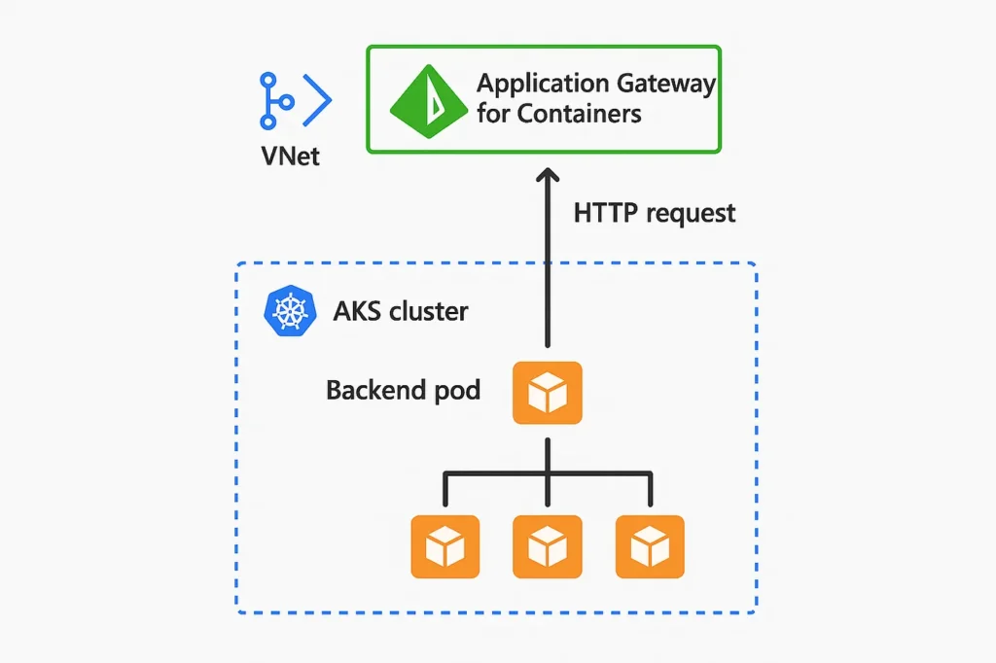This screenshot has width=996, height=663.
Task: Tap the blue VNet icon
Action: coord(295,100)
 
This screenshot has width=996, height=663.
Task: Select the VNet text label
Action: coord(291,156)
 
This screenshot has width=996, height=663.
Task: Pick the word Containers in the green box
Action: coord(580,114)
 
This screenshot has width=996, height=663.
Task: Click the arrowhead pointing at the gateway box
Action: coord(548,175)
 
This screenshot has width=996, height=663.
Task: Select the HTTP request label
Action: coord(655,212)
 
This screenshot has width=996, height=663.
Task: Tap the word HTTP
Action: coord(605,212)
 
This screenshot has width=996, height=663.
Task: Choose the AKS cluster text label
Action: coord(400,312)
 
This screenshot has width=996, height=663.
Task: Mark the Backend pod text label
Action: coord(403,391)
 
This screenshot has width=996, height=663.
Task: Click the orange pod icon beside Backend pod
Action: coord(548,393)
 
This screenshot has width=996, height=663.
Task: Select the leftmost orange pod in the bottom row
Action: coord(445,547)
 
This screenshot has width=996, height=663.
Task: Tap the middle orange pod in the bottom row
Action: coord(548,547)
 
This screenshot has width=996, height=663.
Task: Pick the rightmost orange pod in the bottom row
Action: coord(650,547)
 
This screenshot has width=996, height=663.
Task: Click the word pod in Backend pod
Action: coord(455,391)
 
